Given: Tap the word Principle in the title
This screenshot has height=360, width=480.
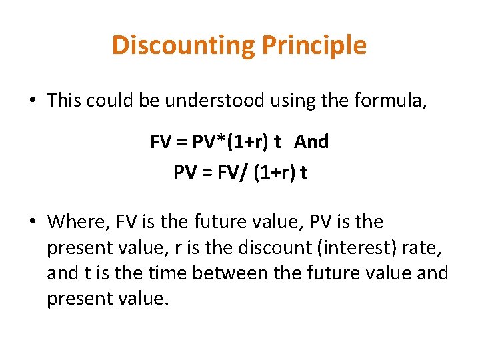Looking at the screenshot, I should (x=314, y=45).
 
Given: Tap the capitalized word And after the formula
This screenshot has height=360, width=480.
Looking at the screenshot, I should (x=311, y=142).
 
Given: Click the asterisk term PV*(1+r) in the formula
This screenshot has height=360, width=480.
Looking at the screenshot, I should (x=228, y=142).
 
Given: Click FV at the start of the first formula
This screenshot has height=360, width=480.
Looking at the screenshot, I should (x=161, y=142).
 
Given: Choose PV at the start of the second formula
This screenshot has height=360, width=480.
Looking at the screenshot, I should (x=184, y=173).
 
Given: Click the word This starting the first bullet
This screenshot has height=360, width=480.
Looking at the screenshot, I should (x=64, y=101).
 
